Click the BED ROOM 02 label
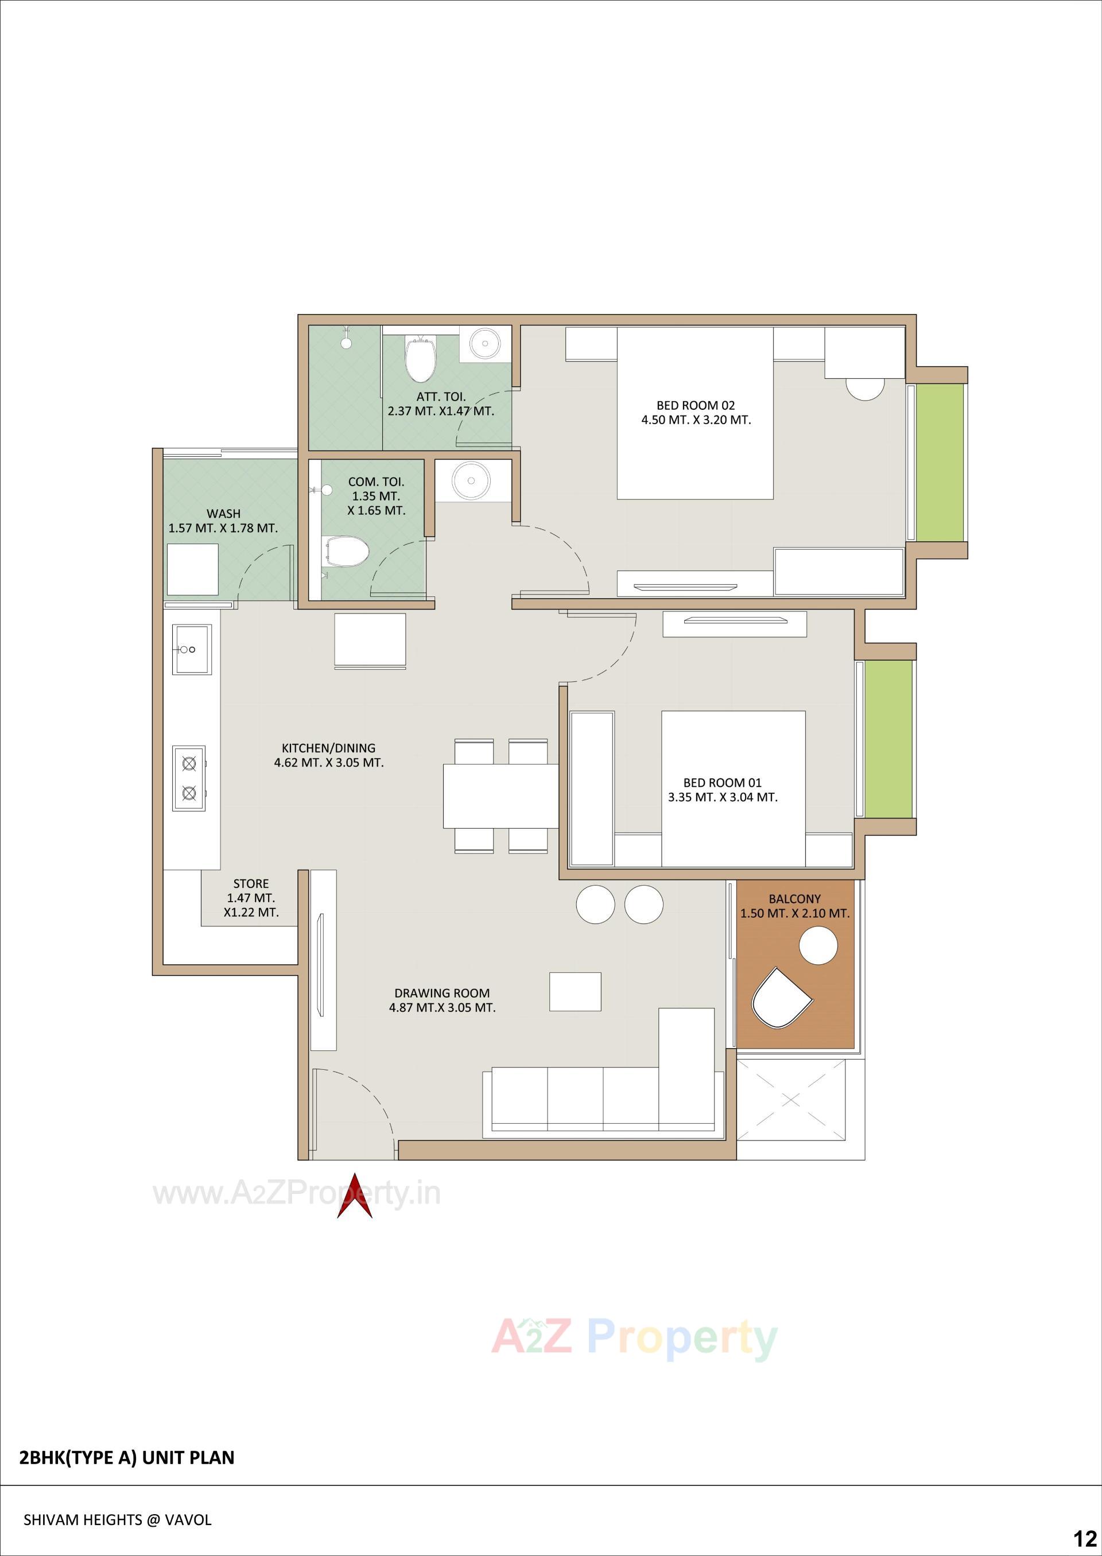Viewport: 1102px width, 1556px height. click(x=696, y=406)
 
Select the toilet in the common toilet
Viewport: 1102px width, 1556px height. click(x=347, y=551)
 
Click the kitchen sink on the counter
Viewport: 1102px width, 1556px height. click(x=191, y=649)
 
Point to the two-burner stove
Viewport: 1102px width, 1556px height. click(x=189, y=778)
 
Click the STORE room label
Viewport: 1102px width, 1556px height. click(x=251, y=883)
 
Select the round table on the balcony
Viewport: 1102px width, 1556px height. click(x=818, y=945)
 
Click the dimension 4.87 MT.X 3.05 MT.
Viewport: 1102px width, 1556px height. click(x=442, y=1008)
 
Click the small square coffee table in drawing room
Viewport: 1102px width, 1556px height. click(x=575, y=991)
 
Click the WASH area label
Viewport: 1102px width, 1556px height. click(x=223, y=514)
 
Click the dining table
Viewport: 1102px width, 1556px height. click(x=501, y=796)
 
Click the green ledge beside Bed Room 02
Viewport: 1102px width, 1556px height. click(x=939, y=463)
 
